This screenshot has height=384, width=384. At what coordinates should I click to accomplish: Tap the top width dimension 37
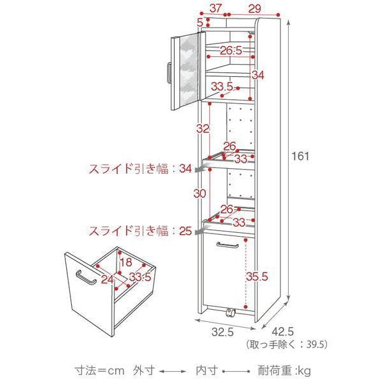point(216,8)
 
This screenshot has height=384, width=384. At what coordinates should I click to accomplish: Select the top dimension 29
point(254,8)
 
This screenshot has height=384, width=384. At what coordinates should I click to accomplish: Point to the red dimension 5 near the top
point(200,22)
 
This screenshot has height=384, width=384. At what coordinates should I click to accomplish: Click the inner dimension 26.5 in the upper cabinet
point(231,51)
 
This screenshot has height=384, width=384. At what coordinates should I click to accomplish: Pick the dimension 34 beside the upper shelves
point(257,75)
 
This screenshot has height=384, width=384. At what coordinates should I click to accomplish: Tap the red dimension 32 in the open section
point(203,128)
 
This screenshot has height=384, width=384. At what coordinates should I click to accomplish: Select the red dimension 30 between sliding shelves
point(201,193)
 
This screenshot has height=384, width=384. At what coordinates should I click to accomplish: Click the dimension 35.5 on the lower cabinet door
point(256,277)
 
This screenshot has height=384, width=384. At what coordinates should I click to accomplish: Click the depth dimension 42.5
point(284,332)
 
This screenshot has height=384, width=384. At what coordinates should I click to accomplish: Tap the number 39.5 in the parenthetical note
point(316,344)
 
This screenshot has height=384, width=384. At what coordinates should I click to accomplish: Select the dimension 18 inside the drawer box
point(125,262)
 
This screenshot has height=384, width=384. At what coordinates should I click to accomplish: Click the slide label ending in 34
point(140,169)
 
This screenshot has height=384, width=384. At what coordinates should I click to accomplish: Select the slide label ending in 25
point(140,230)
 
